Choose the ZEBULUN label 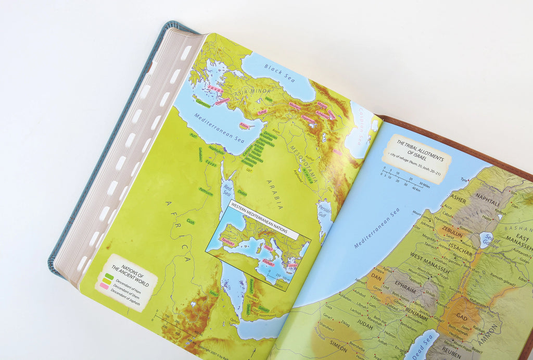tap(451, 229)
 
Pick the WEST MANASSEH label tap(429, 257)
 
